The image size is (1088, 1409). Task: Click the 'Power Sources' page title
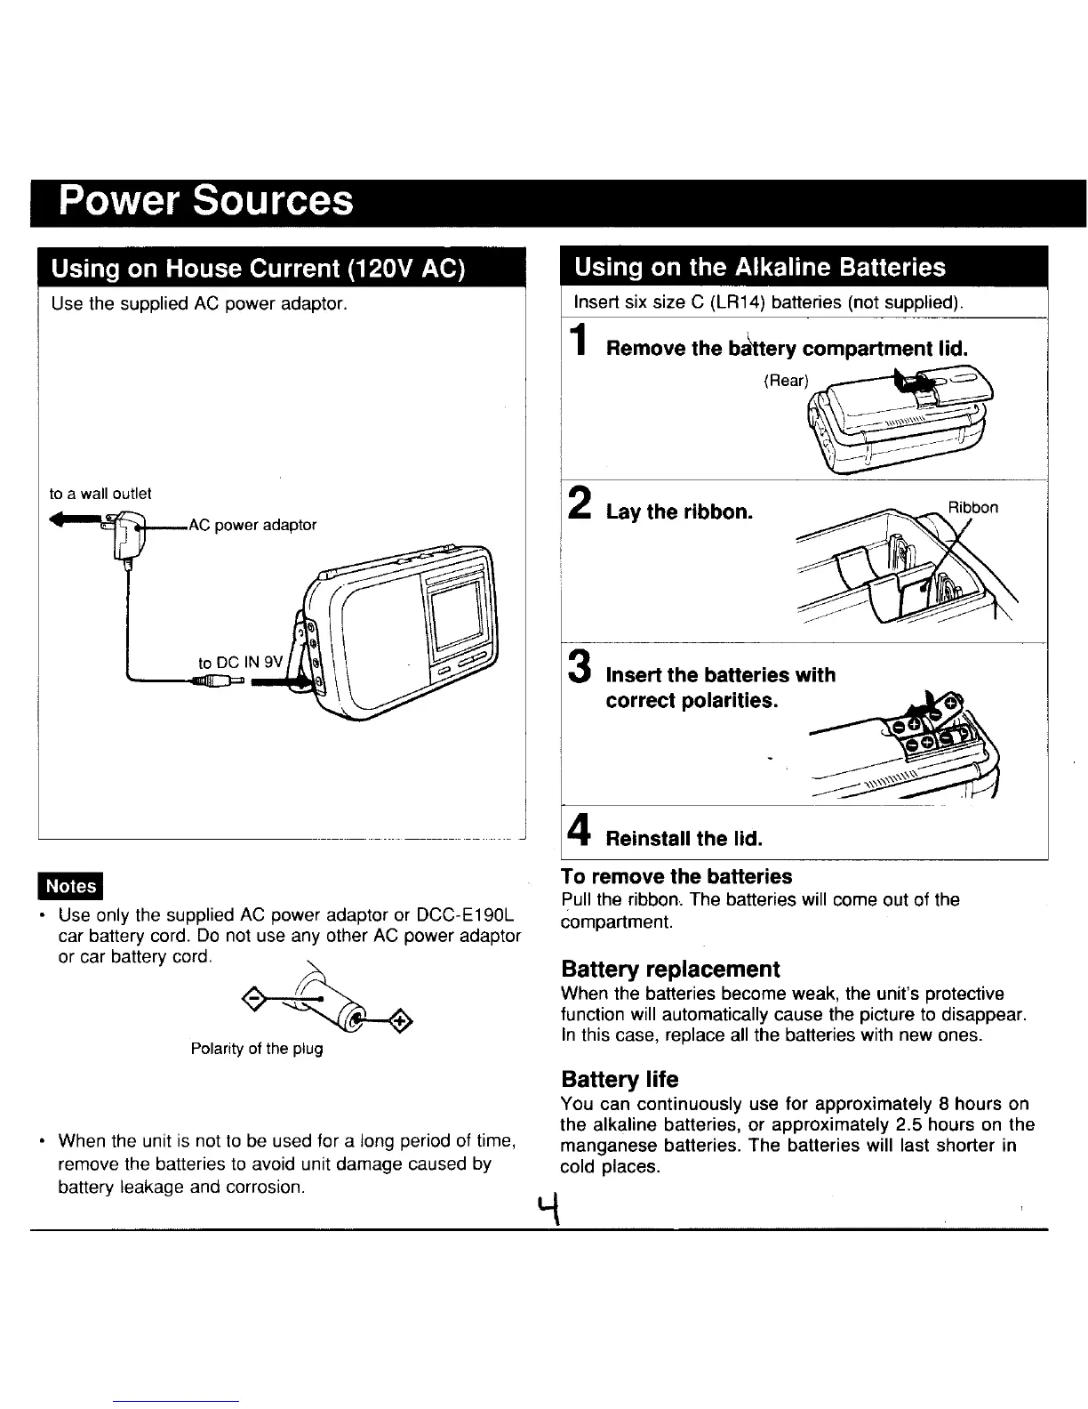click(205, 201)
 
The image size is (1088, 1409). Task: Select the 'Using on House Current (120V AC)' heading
click(258, 268)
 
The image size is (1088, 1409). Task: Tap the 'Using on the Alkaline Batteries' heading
click(760, 267)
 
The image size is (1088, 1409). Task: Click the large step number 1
click(579, 343)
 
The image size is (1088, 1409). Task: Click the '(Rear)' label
click(787, 381)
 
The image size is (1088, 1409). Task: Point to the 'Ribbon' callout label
click(972, 508)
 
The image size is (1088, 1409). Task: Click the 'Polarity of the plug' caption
click(257, 1049)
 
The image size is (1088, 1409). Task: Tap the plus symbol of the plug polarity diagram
click(400, 1020)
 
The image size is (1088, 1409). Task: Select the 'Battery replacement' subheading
click(670, 969)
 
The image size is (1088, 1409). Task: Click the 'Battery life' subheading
click(620, 1080)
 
